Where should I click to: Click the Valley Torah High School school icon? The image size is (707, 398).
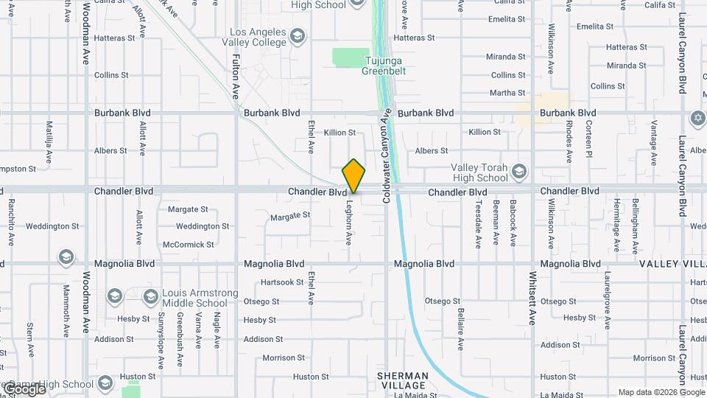[519, 172]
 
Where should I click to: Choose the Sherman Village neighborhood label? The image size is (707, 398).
[402, 380]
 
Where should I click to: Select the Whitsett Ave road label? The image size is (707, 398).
[532, 298]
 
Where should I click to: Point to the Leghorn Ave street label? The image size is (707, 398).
[350, 223]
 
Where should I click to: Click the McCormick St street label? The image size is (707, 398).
[189, 244]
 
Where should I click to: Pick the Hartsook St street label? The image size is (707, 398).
[282, 282]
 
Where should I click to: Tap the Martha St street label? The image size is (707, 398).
[507, 93]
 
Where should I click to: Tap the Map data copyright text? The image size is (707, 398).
[661, 392]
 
